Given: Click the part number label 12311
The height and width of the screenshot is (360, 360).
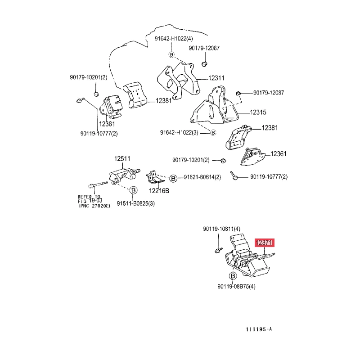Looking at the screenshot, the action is pos(216,78).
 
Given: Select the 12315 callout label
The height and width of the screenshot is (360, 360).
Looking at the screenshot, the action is pos(258,112).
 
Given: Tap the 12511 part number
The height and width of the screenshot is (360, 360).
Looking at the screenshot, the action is pos(122,159).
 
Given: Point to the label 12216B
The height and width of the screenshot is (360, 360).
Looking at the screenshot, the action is pos(159,191).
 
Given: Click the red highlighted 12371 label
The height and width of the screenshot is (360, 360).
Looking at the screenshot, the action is pos(264,243).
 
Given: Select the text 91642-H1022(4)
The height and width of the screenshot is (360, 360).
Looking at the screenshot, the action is pos(174,39).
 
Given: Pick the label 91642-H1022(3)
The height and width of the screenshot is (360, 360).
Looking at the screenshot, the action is pos(179,133).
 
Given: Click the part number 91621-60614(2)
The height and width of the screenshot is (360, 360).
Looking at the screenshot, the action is pos(202,177).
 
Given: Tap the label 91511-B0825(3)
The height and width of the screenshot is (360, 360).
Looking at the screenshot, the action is pos(136,203).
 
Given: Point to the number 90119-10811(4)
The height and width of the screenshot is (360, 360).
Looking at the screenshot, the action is pos(221,229).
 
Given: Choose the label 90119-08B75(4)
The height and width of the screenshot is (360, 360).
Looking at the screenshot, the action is pos(236,287).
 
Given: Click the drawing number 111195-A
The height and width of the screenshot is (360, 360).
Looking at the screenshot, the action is pos(259,329).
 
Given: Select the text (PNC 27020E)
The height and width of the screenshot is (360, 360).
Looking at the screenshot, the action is pos(94,206).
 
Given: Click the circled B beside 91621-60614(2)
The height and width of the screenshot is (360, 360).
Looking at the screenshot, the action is pos(173,179).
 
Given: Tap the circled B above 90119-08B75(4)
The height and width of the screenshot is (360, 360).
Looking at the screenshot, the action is pos(233,276).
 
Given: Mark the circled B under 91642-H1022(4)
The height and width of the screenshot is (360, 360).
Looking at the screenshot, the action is pos(171,54).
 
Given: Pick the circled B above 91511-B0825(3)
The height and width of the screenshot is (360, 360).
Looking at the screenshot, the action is pos(133,190).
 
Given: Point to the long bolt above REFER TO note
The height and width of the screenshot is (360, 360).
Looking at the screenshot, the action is pos(98,184).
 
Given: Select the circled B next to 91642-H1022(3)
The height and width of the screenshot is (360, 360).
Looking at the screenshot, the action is pos(213,133).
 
